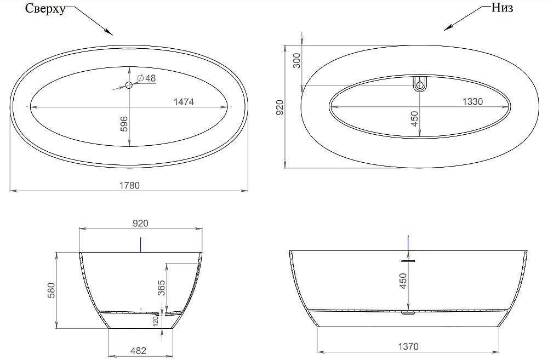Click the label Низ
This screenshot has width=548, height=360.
point(503,9)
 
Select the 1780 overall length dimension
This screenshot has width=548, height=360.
point(130,185)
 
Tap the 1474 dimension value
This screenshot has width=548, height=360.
point(184,102)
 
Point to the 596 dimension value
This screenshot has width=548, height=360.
point(124,124)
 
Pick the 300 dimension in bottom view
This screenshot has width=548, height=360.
point(296,61)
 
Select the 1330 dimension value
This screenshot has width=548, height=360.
point(472,102)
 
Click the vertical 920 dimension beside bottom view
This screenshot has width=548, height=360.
point(279,108)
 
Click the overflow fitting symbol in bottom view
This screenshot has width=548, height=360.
point(420,84)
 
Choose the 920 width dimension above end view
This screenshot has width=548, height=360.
point(141,223)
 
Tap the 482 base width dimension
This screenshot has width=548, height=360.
point(138,351)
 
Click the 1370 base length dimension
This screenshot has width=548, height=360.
point(408,346)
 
